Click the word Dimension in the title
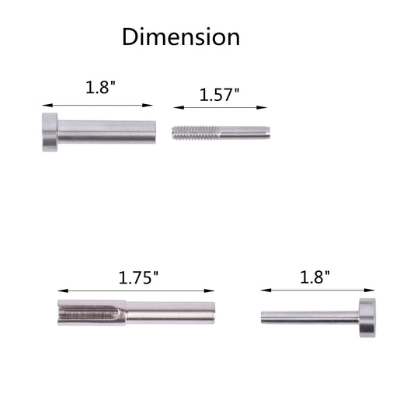[181, 37]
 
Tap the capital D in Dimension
[130, 37]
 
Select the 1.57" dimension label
[219, 95]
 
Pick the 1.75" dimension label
[138, 278]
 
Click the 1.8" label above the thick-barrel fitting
[101, 87]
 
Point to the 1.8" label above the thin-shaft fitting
[315, 277]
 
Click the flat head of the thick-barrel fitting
[50, 132]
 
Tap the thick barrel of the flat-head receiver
[106, 132]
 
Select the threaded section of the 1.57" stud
[196, 133]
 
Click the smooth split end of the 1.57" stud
[245, 133]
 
